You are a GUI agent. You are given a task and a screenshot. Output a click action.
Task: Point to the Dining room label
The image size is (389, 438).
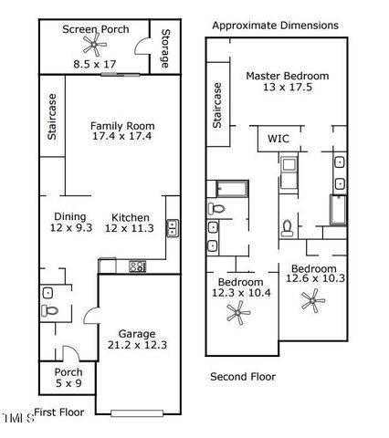[69, 216]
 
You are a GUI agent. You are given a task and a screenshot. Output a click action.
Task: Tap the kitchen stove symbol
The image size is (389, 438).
[138, 266]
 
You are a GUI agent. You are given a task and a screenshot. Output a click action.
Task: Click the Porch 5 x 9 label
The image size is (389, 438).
[68, 378]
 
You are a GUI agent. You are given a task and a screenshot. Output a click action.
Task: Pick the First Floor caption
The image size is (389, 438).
[59, 412]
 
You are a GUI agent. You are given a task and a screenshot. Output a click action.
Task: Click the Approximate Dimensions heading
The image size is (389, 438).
[275, 26]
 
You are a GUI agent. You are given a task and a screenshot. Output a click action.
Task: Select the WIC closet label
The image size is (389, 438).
[279, 140]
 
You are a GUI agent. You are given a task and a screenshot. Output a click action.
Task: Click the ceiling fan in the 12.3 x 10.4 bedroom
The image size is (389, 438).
[238, 315]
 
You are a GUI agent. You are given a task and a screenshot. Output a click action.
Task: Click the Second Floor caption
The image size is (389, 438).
[243, 376]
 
